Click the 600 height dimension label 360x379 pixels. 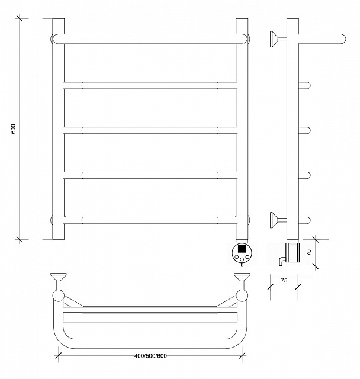13,129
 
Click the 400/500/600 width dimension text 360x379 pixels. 150,356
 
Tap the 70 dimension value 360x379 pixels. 308,253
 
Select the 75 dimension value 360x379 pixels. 284,280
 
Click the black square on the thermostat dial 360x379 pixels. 242,248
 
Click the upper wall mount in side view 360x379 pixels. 278,39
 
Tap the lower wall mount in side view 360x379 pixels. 278,220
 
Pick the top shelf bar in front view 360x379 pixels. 150,39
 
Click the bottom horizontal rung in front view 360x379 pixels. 150,220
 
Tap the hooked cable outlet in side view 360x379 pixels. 282,261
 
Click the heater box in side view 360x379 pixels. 292,252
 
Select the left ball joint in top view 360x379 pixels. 59,296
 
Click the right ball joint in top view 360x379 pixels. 242,296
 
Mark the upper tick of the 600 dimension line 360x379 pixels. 19,18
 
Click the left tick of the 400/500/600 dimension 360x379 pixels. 58,355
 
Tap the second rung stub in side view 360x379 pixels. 305,130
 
